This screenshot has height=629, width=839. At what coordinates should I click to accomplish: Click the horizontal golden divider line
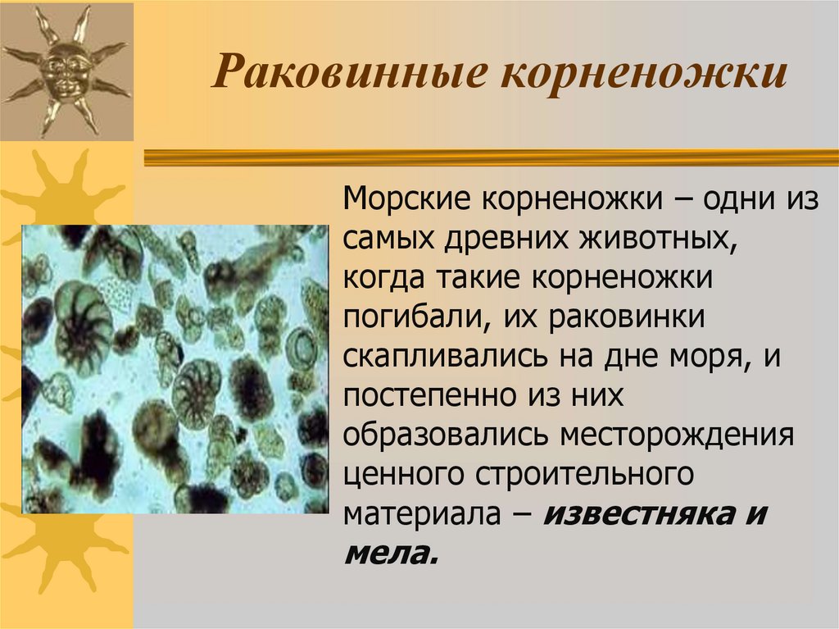[492, 157]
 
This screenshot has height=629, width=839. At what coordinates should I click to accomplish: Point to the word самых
[388, 240]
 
